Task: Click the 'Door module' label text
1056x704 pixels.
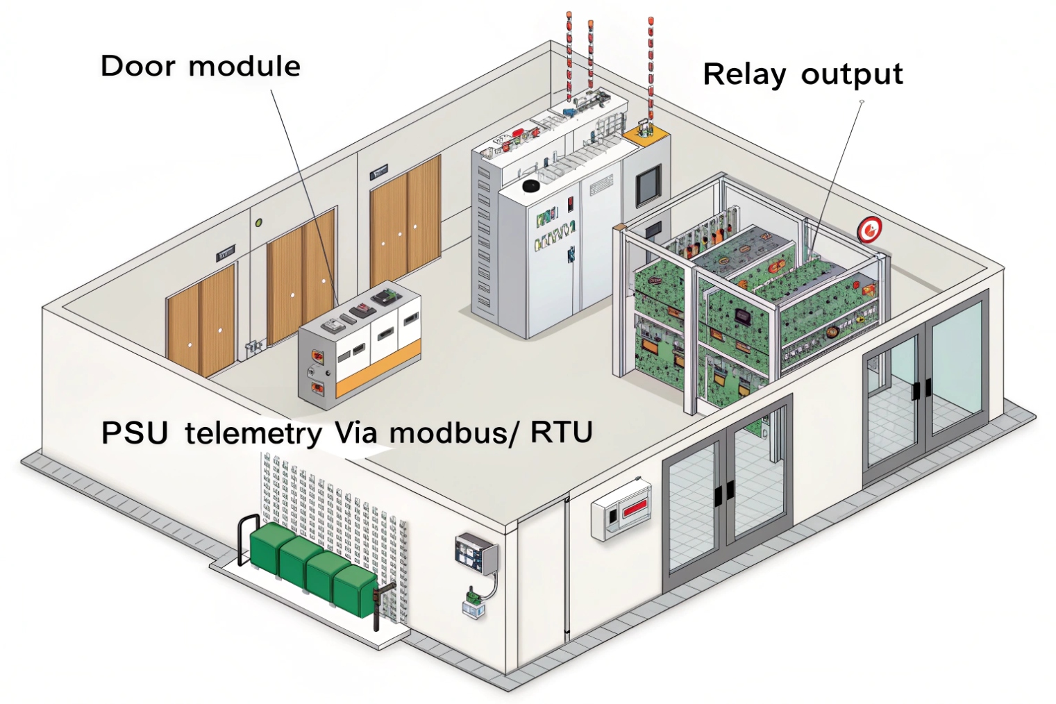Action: coord(200,67)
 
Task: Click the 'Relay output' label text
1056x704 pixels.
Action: coord(803,75)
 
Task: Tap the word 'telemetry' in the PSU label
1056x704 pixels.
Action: coord(253,433)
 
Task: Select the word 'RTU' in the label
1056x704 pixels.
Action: coord(561,433)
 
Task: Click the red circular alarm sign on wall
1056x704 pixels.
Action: coord(869,229)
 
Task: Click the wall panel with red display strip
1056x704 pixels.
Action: coord(621,510)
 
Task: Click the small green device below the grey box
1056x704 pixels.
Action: coord(474,595)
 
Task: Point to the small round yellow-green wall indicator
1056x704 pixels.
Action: coord(258,223)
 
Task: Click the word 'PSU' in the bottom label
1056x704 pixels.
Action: coord(135,433)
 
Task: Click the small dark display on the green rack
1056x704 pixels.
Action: coord(744,317)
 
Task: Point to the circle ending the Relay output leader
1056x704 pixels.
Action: coord(862,103)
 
